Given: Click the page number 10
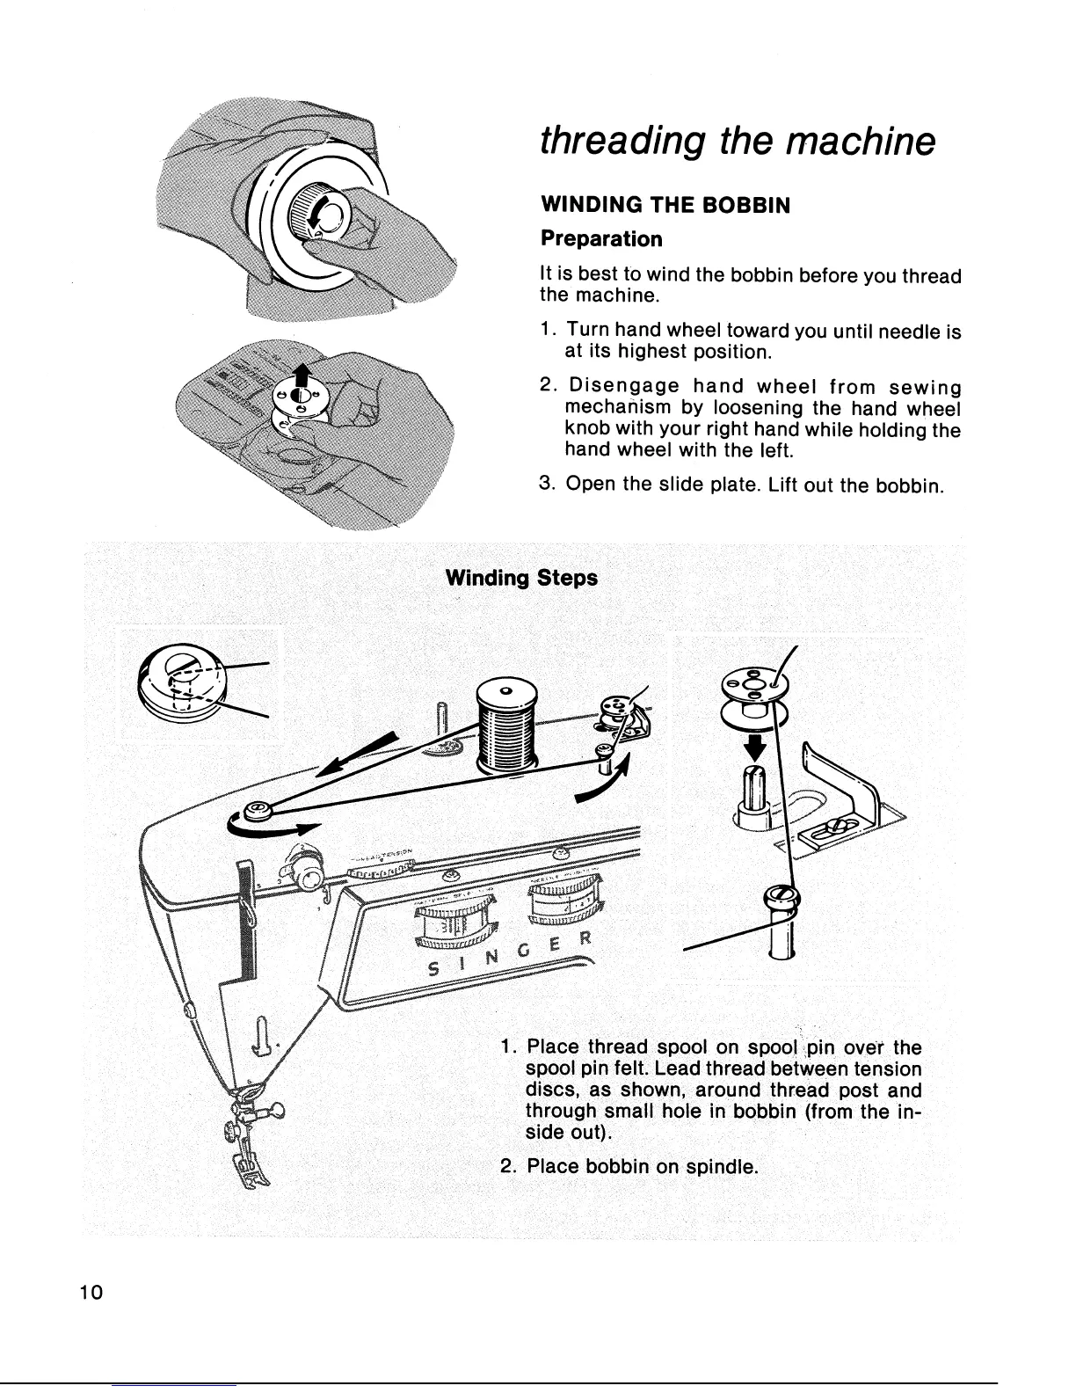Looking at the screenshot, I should (x=91, y=1293).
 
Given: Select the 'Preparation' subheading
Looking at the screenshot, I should (x=600, y=239).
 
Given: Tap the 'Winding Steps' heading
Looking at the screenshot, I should (x=522, y=578).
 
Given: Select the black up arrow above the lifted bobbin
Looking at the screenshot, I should (x=300, y=373).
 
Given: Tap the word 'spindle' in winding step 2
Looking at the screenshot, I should (x=720, y=1168).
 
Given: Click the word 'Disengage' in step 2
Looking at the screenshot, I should (x=622, y=388).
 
